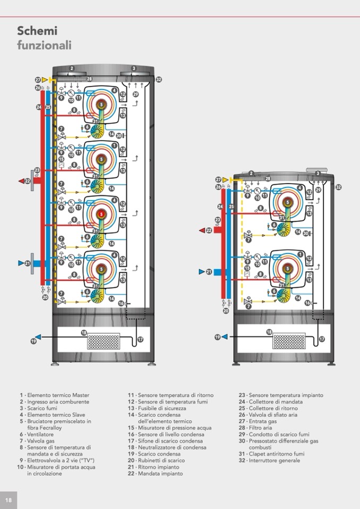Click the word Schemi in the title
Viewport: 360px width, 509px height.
coord(37,31)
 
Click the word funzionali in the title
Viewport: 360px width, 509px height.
coord(44,45)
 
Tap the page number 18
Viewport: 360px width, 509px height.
coord(8,500)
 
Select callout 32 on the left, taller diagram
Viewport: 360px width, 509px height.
coord(159,80)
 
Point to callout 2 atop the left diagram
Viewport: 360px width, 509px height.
coord(72,68)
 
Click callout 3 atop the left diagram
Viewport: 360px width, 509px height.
coord(134,68)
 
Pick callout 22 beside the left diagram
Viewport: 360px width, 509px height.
coord(28,181)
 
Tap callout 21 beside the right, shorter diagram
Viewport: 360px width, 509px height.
coord(209,272)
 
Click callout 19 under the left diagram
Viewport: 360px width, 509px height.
coord(34,341)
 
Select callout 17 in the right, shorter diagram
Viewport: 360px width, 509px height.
coord(322,339)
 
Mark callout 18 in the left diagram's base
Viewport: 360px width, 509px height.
coord(84,332)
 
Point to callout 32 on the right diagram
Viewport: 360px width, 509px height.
coord(338,187)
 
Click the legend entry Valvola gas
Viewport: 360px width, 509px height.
coord(40,441)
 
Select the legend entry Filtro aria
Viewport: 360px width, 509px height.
coord(260,428)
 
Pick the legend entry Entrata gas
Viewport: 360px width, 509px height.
coord(262,421)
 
